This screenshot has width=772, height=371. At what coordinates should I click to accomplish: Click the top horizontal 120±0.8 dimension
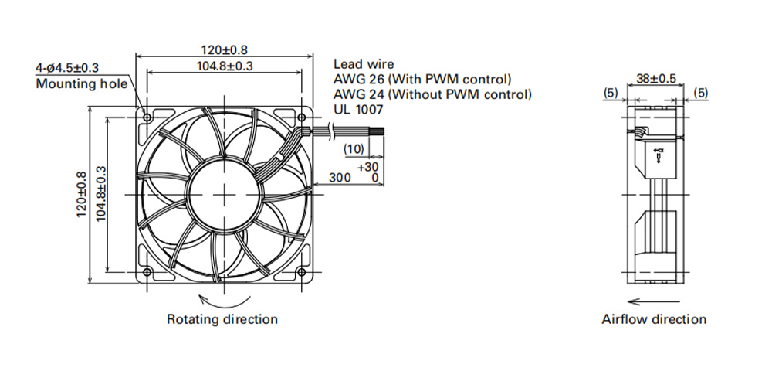pos(224,49)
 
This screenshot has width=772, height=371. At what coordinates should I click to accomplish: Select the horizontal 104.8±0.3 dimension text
pos(225,66)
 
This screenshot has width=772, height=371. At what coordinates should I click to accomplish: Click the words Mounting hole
pos(81,83)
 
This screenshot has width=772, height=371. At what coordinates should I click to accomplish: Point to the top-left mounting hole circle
pos(147,117)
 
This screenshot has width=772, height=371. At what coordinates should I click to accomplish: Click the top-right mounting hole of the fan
pos(302,117)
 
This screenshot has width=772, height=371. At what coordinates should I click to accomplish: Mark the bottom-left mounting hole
pos(147,273)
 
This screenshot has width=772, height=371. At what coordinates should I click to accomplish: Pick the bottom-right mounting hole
pos(302,273)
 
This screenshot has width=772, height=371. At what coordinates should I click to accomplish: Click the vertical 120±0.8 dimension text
pos(82,195)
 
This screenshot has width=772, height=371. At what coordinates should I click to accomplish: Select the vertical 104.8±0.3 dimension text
pos(101,194)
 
